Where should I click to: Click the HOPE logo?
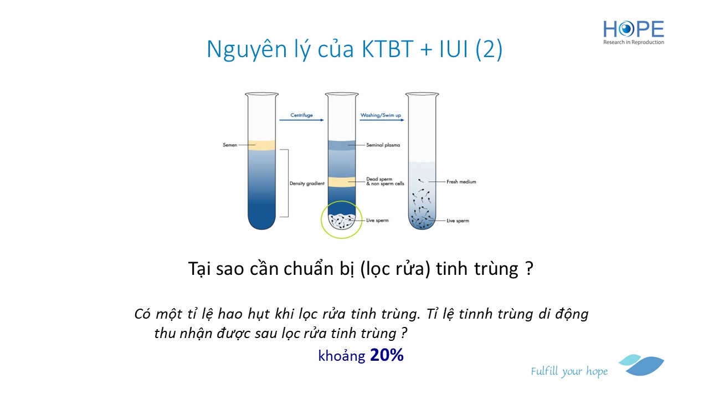click(633, 32)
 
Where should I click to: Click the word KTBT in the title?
click(387, 49)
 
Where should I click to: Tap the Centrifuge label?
click(301, 115)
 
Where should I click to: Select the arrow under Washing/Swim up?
click(382, 120)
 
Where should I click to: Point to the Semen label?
click(230, 145)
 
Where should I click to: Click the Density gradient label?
click(307, 183)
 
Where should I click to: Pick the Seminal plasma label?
click(383, 145)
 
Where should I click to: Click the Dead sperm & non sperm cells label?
click(385, 181)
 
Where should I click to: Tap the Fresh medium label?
click(461, 182)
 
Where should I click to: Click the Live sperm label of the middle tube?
click(377, 221)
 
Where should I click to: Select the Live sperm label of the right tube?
click(458, 221)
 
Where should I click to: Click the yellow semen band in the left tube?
click(261, 145)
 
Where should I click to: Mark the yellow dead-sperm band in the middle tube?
click(342, 182)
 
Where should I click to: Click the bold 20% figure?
click(387, 355)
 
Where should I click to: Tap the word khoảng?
click(342, 356)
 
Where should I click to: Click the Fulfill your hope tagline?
click(569, 371)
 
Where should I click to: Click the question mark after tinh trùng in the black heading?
click(529, 269)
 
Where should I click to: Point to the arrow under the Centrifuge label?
click(301, 120)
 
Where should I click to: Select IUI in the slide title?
click(453, 49)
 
